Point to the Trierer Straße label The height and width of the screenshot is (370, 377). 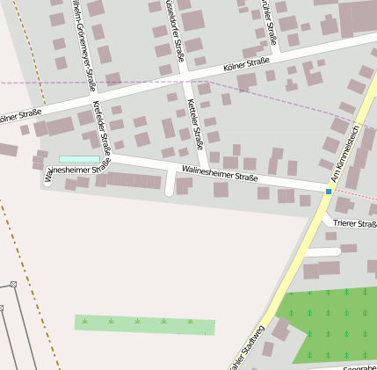[355, 224]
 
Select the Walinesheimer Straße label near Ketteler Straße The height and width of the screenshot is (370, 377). [219, 173]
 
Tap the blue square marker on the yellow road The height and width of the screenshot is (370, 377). [329, 192]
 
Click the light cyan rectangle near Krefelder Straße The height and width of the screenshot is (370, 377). [79, 159]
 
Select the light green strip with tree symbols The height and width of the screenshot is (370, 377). [144, 323]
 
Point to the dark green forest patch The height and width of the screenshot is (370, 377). [334, 321]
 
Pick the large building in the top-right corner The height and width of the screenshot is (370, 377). [357, 16]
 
